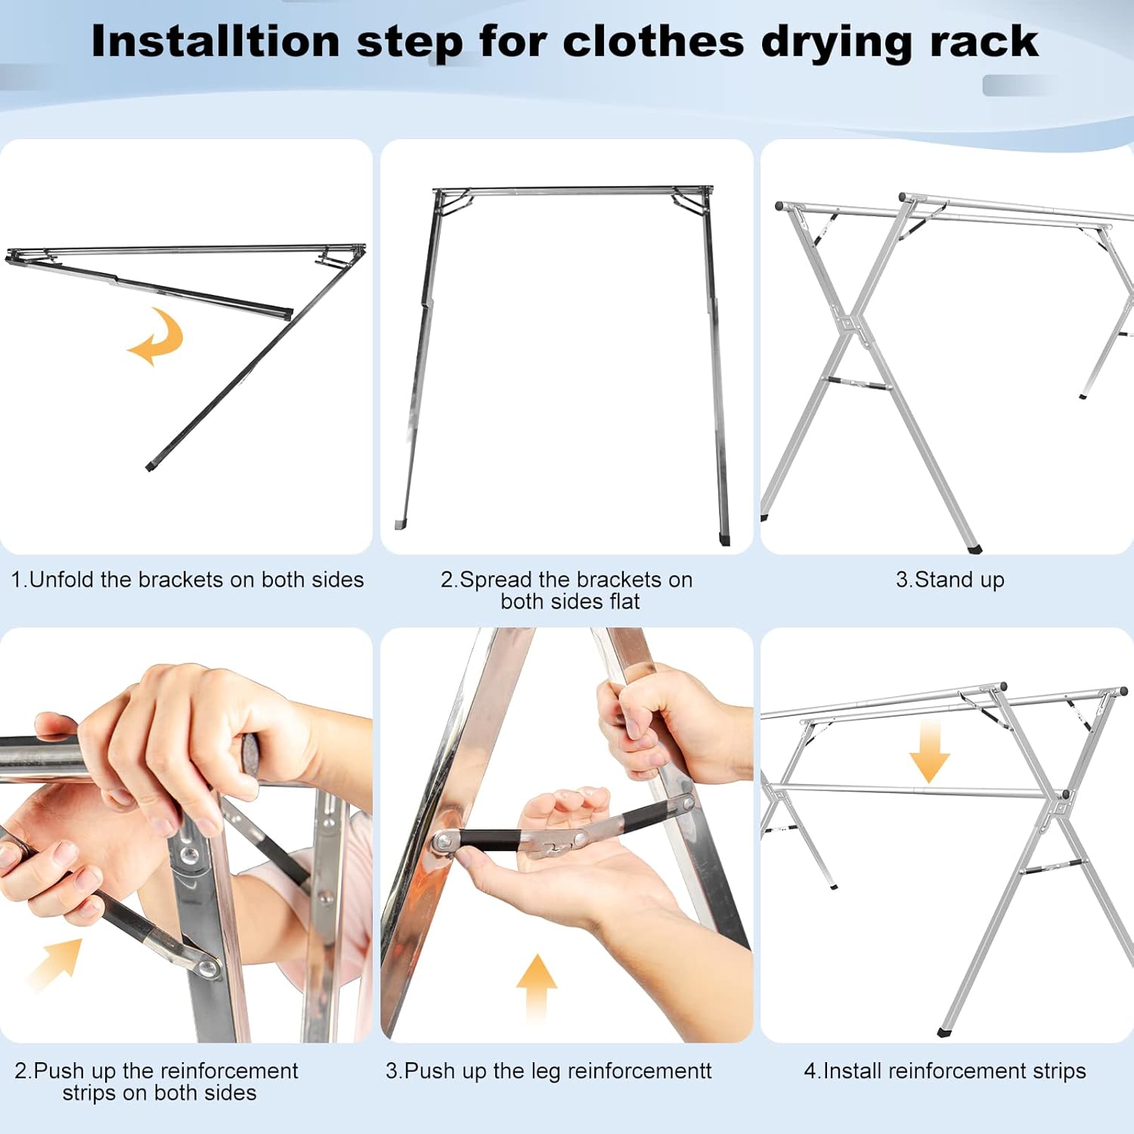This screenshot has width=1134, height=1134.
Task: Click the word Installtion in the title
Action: coord(215,42)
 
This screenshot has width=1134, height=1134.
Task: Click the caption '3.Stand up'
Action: coord(950,580)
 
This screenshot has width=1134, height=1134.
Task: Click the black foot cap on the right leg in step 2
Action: coord(725,540)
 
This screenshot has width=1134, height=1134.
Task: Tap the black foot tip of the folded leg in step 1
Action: coord(150,467)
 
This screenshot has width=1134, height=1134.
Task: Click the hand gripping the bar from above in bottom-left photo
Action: coord(181,726)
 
